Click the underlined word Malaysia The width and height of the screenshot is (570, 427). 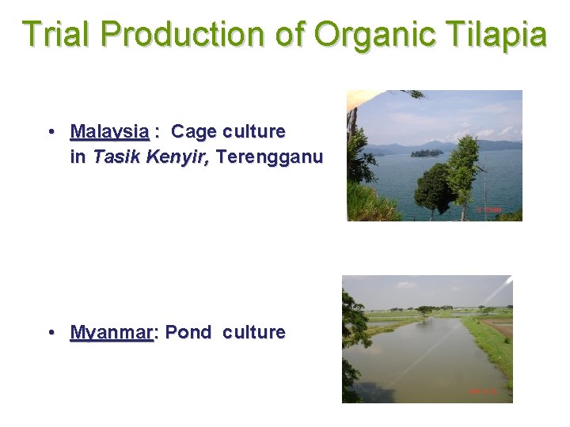(109, 130)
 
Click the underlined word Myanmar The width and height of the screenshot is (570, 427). (111, 332)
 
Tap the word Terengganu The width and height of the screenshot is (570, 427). (269, 157)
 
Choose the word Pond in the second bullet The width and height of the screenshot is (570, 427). (189, 332)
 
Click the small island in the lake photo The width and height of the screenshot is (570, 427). (427, 153)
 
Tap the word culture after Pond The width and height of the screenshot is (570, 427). (253, 332)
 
